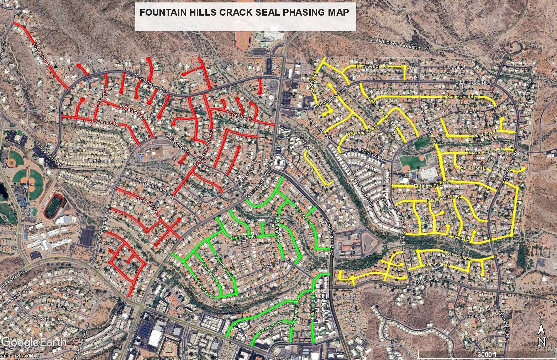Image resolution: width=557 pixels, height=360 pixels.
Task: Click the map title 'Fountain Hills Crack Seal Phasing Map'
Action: pos(244,12)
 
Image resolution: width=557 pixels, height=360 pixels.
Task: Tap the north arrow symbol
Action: pos(541,336)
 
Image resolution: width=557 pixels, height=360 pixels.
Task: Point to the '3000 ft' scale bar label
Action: pos(487,355)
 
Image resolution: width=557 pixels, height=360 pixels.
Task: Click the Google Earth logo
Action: pos(34,342)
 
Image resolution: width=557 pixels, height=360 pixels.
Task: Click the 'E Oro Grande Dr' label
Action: pos(459,97)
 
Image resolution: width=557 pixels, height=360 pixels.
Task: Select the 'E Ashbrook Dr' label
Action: pos(202,286)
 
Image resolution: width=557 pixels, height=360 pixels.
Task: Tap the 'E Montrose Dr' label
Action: pos(149,207)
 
